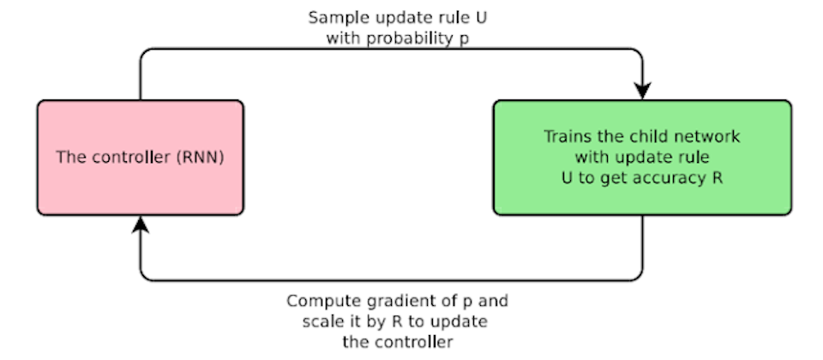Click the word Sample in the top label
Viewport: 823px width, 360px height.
coord(333,18)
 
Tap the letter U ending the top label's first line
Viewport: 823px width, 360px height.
coord(480,17)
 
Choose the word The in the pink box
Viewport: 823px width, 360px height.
coord(69,158)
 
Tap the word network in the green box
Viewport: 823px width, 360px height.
coord(706,136)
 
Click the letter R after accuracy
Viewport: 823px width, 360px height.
coord(716,178)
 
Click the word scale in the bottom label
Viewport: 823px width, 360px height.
coord(321,321)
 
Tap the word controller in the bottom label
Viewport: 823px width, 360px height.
coord(414,343)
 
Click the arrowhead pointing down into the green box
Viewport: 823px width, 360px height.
coord(642,90)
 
